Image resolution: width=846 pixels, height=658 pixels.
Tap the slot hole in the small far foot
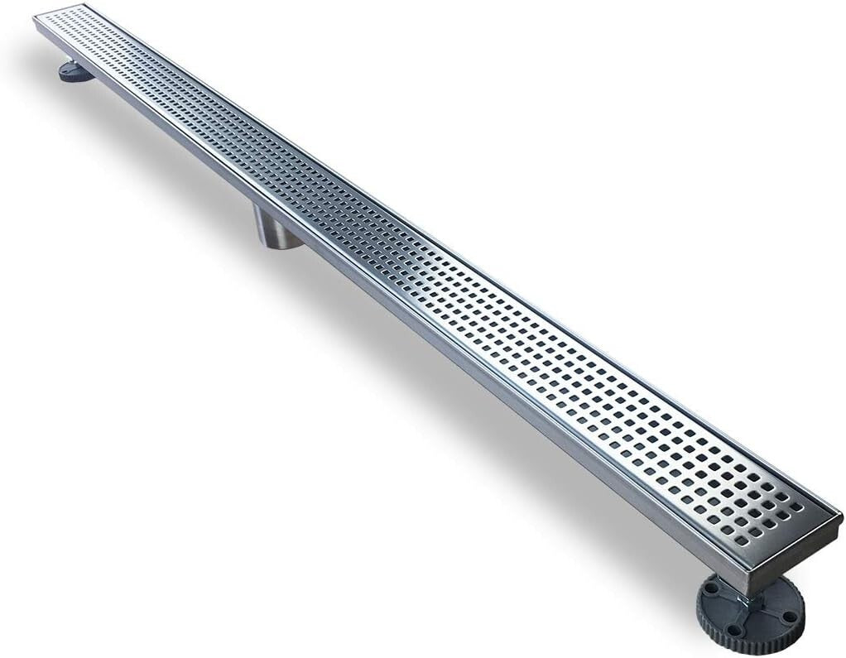(68, 70)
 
